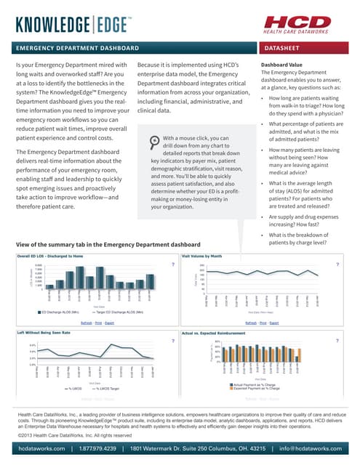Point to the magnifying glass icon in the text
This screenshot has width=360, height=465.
[155, 141]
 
